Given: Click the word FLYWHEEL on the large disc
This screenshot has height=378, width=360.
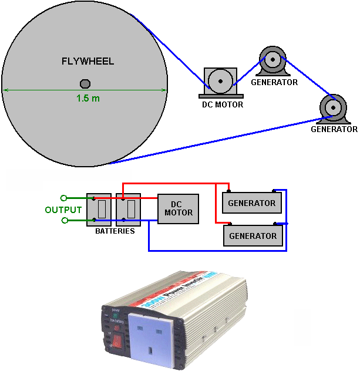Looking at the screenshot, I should tap(88, 62).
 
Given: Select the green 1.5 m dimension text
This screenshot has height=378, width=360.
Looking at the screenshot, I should tap(88, 98).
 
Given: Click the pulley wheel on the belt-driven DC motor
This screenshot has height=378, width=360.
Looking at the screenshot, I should tap(220, 82).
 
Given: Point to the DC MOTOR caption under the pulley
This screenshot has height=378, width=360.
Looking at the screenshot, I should tap(218, 105).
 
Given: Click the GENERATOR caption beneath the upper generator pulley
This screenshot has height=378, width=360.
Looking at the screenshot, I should tap(274, 83).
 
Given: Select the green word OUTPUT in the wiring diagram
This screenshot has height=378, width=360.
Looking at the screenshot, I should tap(63, 210).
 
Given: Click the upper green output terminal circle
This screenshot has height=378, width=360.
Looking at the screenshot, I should tap(64, 198).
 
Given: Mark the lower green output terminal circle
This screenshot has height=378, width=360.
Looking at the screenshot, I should tap(64, 220).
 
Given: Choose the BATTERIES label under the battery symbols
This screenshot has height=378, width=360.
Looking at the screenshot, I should tap(115, 231).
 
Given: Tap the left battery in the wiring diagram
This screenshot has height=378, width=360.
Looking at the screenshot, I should tap(99, 210).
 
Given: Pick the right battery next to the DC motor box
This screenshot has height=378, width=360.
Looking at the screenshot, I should tap(129, 210).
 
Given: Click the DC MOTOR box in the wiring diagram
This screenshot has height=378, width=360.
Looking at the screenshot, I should tap(179, 209).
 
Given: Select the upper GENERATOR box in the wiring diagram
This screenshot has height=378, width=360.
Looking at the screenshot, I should tap(252, 203).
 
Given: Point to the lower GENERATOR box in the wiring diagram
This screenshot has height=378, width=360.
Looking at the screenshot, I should tap(253, 236).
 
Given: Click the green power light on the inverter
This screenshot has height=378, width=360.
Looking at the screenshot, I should tap(117, 315).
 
